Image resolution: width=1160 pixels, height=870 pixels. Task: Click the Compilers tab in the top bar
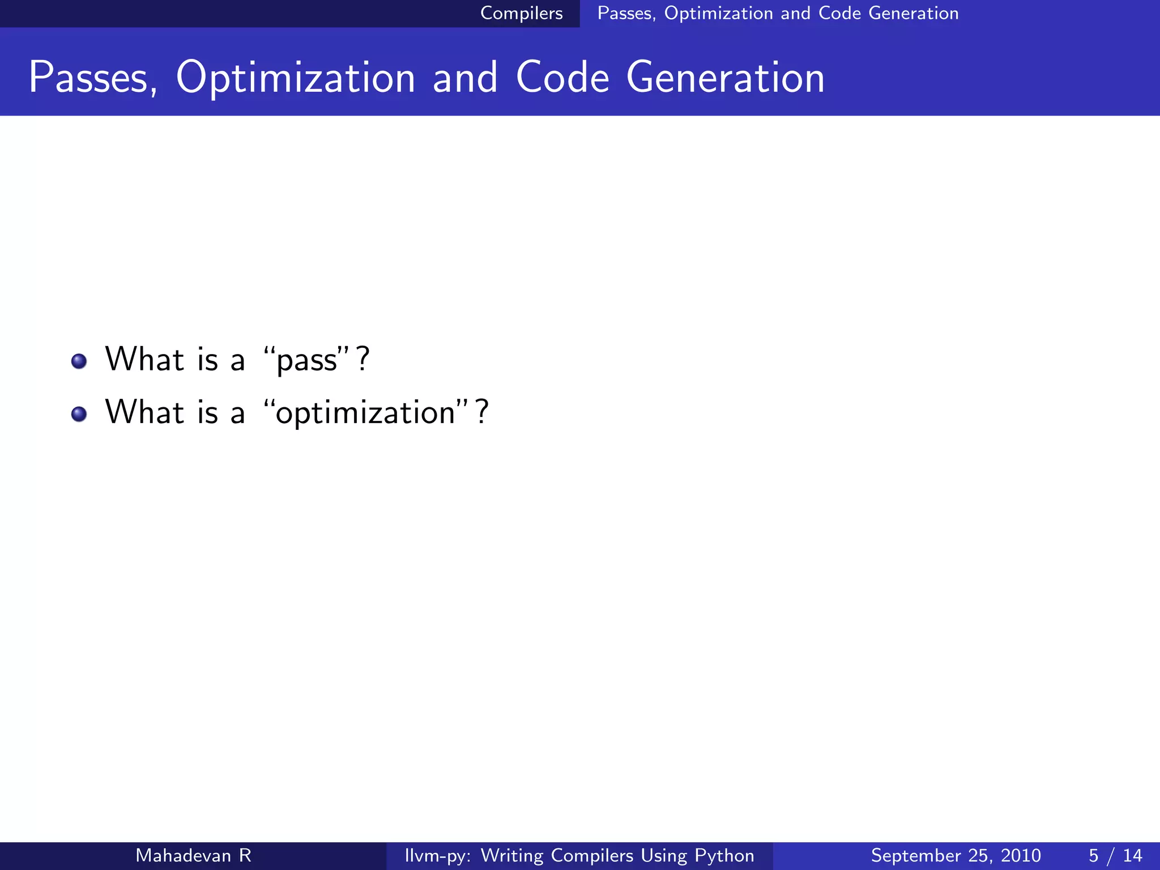click(521, 13)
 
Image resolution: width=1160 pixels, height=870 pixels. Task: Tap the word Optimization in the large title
click(296, 78)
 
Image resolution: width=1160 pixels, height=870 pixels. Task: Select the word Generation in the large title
click(725, 78)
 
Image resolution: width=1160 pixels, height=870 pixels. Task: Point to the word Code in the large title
click(562, 78)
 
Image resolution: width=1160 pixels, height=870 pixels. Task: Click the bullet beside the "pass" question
click(79, 361)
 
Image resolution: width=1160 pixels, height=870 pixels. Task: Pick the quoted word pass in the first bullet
click(307, 360)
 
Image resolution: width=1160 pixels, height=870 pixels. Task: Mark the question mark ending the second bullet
click(482, 412)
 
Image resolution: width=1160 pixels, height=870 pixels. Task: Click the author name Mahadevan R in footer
click(193, 855)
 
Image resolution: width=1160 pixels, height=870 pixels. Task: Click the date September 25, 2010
click(956, 855)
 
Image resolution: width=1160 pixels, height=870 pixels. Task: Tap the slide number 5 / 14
click(1115, 855)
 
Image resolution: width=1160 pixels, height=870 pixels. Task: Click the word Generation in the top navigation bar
click(913, 13)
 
